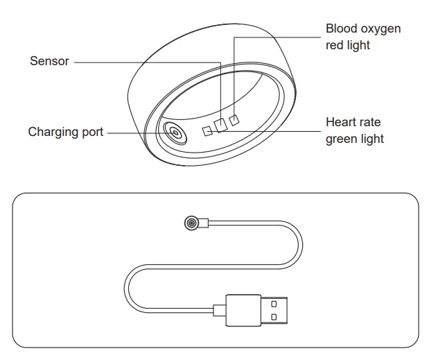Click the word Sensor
click(49, 62)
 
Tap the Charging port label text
click(65, 132)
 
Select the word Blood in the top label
click(341, 29)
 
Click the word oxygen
click(380, 29)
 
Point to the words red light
click(348, 46)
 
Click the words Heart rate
click(353, 122)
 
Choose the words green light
click(354, 139)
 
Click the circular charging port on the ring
click(174, 132)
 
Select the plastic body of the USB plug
click(242, 310)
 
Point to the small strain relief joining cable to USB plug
click(219, 310)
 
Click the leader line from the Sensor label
click(146, 62)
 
